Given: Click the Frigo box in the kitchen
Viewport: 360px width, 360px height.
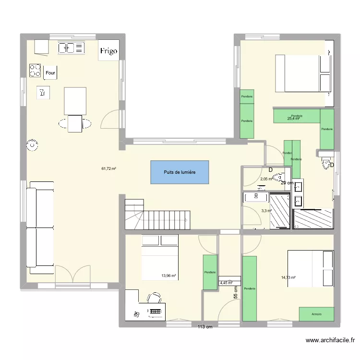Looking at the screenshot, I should [x=108, y=51].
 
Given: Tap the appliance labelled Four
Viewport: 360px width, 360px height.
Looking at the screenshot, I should [x=50, y=73].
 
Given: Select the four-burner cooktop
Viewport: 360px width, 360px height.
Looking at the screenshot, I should [x=35, y=71].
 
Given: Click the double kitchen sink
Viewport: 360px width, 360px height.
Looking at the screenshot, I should [x=71, y=48].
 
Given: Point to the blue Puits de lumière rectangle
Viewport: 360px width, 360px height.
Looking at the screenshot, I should [x=180, y=172].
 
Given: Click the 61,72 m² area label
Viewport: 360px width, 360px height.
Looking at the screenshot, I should [x=109, y=168].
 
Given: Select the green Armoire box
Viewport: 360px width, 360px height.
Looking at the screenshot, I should [x=316, y=314].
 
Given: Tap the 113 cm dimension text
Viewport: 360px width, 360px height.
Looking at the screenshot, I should [x=205, y=327].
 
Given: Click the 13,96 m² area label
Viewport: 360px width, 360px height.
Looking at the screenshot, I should [x=169, y=276].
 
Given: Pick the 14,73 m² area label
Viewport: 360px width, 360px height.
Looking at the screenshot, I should [x=288, y=277].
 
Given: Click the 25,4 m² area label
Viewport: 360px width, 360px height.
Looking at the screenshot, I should [x=293, y=118].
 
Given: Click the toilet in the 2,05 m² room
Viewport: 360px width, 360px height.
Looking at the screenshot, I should [x=278, y=178].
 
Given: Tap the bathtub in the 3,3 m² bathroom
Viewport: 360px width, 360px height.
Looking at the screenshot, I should [x=256, y=197].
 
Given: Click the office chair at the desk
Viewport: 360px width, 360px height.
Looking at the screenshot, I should [x=154, y=299].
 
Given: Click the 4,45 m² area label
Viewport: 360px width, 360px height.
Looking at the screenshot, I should [x=226, y=283].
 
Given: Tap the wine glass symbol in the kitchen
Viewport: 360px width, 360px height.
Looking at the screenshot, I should [x=43, y=93].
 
